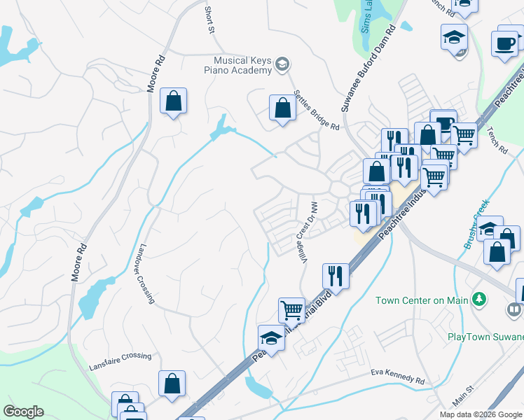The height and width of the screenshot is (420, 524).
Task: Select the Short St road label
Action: coord(209,20)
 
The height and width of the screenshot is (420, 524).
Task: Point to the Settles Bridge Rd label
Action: coord(317,111)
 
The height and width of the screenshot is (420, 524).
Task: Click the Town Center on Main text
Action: coord(421,300)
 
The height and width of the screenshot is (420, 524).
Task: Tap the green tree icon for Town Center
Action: coord(479,300)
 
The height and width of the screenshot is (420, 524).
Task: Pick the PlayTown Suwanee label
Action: coord(485,336)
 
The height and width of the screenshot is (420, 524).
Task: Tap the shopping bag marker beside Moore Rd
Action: coord(173,101)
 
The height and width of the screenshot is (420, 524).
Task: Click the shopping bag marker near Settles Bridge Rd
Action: coord(282,108)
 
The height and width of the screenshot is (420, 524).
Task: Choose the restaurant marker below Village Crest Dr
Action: coord(336,275)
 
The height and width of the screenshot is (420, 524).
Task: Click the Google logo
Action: coord(23,412)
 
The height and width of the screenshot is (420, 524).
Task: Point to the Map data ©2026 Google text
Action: coord(481,414)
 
